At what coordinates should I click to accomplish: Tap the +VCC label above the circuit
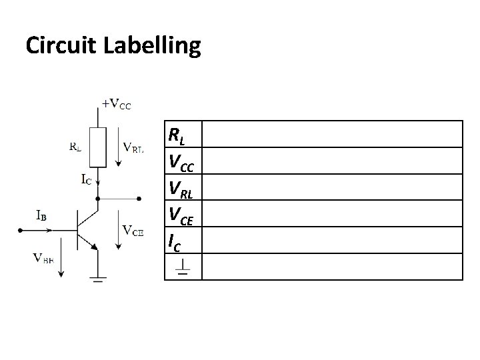tap(117, 104)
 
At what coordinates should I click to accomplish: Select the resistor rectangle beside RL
tap(99, 147)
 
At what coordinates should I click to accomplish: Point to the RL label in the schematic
tap(76, 146)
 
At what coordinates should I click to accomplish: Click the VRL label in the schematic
tap(133, 149)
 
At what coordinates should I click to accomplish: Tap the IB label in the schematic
tap(42, 215)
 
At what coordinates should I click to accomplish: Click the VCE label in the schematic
tap(133, 231)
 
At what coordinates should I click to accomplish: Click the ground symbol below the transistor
tap(99, 279)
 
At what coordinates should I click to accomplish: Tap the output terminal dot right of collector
tap(139, 198)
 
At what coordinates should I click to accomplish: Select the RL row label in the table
tap(177, 136)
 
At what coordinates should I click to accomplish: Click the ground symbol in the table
tap(181, 268)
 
